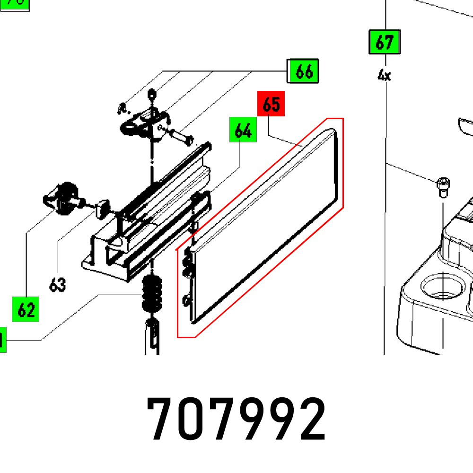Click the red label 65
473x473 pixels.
tap(271, 104)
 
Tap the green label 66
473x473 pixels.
tap(304, 71)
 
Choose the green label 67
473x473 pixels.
tap(384, 43)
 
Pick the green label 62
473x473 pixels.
tap(26, 310)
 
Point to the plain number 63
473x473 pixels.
tap(57, 285)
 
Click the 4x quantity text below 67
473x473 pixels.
tap(384, 75)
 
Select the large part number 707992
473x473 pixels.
tap(236, 419)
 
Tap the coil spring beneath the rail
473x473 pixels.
tap(152, 294)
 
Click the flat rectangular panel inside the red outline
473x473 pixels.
tap(265, 227)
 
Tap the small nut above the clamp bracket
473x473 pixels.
tap(151, 94)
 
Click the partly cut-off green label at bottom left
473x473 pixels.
tap(2, 340)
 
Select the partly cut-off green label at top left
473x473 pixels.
tap(14, 4)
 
